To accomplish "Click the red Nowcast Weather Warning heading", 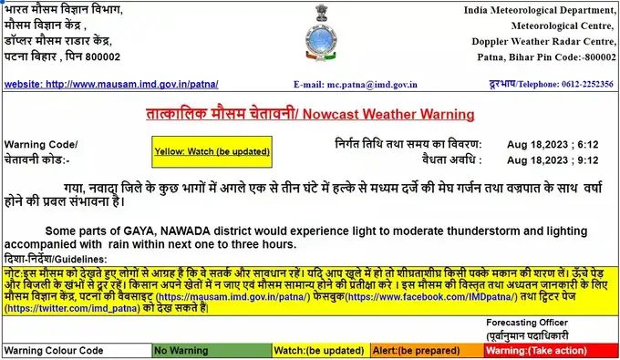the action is pos(310,114).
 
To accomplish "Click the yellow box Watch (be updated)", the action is pos(212,150).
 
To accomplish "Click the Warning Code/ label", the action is pos(41,145).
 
